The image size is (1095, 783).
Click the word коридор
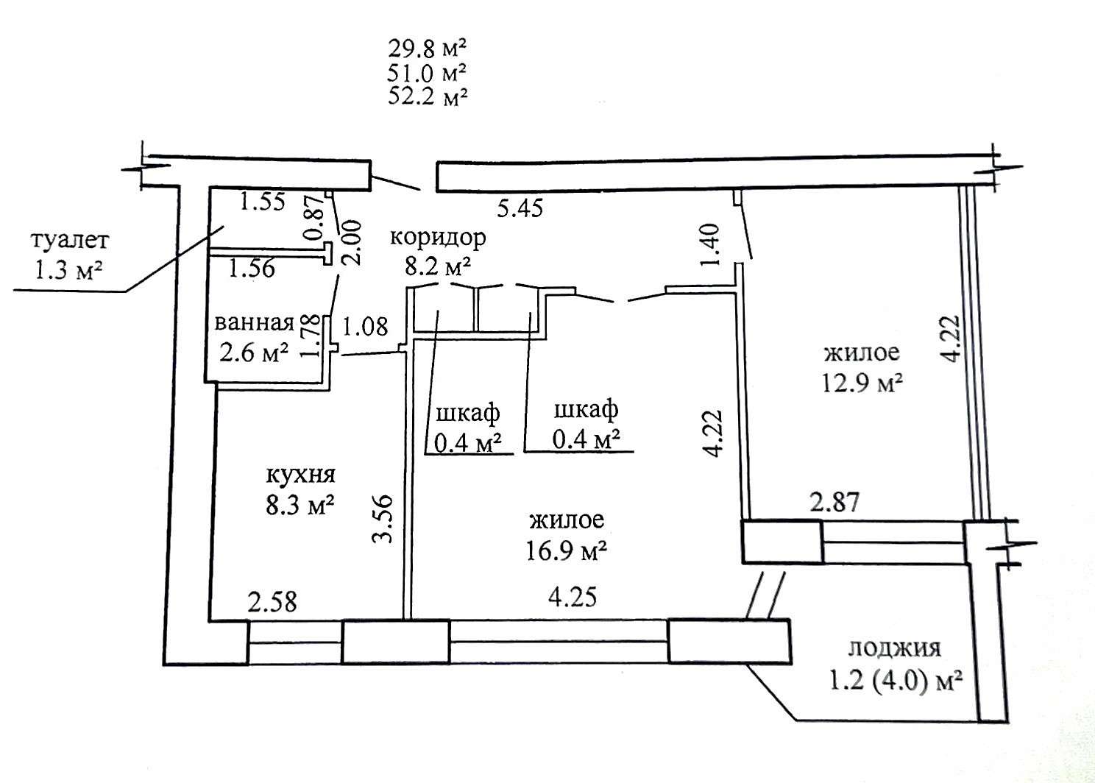pyautogui.click(x=438, y=238)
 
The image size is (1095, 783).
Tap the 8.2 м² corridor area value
pyautogui.click(x=438, y=266)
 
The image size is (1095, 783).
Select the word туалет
pyautogui.click(x=70, y=241)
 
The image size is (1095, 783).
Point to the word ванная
pyautogui.click(x=254, y=322)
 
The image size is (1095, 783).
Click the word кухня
pyautogui.click(x=301, y=475)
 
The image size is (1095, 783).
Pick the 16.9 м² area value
pyautogui.click(x=567, y=551)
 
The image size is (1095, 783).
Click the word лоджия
pyautogui.click(x=894, y=648)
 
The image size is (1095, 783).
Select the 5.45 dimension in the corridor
pyautogui.click(x=520, y=208)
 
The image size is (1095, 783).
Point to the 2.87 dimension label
pyautogui.click(x=835, y=502)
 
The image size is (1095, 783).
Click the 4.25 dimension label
pyautogui.click(x=573, y=597)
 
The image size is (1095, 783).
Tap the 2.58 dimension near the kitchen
pyautogui.click(x=272, y=602)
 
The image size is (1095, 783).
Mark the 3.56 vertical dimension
pyautogui.click(x=383, y=519)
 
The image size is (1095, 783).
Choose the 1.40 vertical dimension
pyautogui.click(x=710, y=245)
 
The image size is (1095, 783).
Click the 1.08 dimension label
pyautogui.click(x=365, y=327)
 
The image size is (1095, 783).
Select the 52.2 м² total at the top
pyautogui.click(x=428, y=96)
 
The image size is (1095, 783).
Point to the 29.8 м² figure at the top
pyautogui.click(x=428, y=49)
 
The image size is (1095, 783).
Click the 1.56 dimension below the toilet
pyautogui.click(x=252, y=269)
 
